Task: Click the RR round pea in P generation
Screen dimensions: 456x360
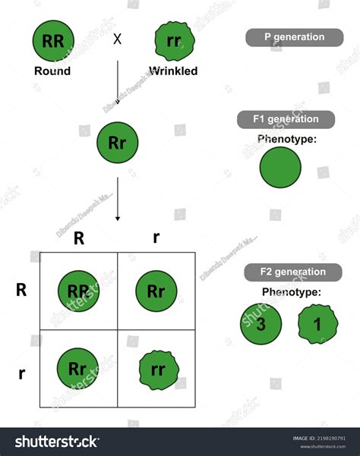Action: (x=52, y=42)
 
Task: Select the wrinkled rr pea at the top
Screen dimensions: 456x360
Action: (x=174, y=42)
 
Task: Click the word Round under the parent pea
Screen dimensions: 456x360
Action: (x=52, y=71)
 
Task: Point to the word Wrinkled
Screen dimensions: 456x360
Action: (x=174, y=71)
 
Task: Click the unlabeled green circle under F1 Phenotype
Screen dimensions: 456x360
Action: (x=281, y=168)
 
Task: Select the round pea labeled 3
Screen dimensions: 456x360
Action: (x=261, y=323)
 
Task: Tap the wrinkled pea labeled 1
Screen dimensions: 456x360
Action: (x=318, y=324)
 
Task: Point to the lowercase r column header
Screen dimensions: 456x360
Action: (x=156, y=237)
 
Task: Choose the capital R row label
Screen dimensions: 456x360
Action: (x=23, y=289)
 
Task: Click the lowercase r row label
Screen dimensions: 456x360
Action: (x=22, y=373)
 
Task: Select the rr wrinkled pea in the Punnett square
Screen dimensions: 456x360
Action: (x=156, y=370)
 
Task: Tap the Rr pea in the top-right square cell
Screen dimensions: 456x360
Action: (x=156, y=291)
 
